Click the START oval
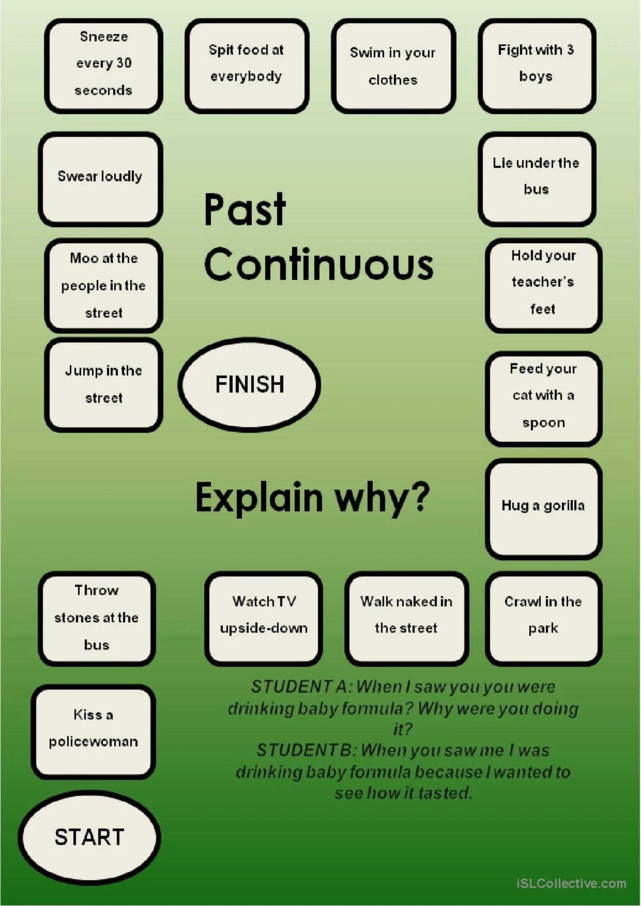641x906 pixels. point(89,837)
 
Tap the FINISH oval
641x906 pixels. point(249,384)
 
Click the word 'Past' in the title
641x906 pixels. point(245,209)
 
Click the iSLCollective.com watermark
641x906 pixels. point(571,883)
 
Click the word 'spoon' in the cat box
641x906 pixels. point(544,423)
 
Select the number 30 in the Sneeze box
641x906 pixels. point(124,63)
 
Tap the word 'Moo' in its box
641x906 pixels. point(84,258)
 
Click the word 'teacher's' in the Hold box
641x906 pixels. point(543,282)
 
